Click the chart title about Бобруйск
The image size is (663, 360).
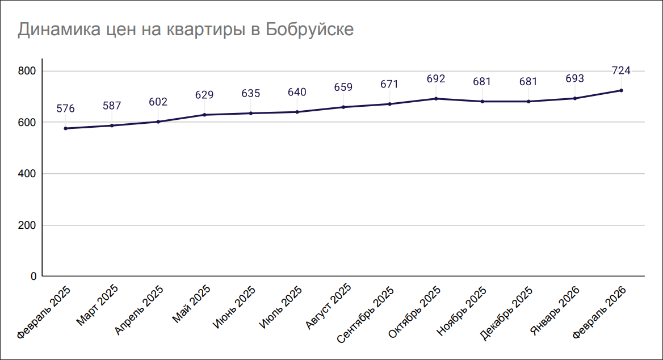click(x=186, y=30)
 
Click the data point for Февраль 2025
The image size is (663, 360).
click(x=66, y=128)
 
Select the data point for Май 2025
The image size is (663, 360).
click(x=204, y=115)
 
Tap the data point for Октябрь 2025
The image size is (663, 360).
click(x=436, y=99)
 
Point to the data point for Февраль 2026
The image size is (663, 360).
click(x=621, y=90)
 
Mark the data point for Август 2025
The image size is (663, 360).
click(x=343, y=107)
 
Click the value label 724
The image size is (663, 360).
click(x=621, y=71)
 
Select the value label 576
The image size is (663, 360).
click(x=66, y=108)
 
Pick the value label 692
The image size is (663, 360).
click(x=436, y=79)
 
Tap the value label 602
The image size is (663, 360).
click(x=158, y=102)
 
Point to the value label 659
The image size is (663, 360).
click(x=343, y=87)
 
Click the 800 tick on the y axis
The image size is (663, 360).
click(x=27, y=71)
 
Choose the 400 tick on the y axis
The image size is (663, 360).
click(x=27, y=174)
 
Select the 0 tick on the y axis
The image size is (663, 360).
click(x=33, y=277)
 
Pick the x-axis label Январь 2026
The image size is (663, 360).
click(x=554, y=309)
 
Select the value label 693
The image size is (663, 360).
click(x=575, y=78)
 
